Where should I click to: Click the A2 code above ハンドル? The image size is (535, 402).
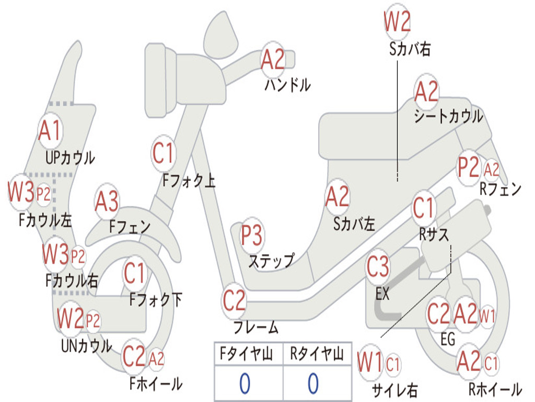pyautogui.click(x=273, y=60)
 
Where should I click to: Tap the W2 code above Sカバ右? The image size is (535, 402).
pyautogui.click(x=397, y=21)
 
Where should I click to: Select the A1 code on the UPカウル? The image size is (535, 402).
pyautogui.click(x=50, y=131)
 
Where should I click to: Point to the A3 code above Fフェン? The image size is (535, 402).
pyautogui.click(x=107, y=202)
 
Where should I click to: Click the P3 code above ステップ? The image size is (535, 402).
pyautogui.click(x=252, y=236)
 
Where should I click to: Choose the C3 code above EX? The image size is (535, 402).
pyautogui.click(x=378, y=267)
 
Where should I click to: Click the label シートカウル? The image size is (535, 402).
pyautogui.click(x=449, y=117)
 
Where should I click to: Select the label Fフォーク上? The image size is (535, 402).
pyautogui.click(x=189, y=181)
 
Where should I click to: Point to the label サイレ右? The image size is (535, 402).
pyautogui.click(x=394, y=390)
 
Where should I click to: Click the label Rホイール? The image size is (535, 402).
pyautogui.click(x=495, y=389)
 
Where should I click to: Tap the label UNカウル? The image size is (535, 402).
pyautogui.click(x=87, y=346)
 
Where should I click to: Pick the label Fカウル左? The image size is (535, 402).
pyautogui.click(x=45, y=220)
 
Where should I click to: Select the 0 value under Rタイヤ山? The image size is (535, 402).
pyautogui.click(x=313, y=383)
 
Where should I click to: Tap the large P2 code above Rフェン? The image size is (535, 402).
pyautogui.click(x=469, y=167)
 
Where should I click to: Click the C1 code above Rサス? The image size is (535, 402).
pyautogui.click(x=423, y=208)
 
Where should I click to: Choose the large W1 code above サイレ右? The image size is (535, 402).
pyautogui.click(x=370, y=362)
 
